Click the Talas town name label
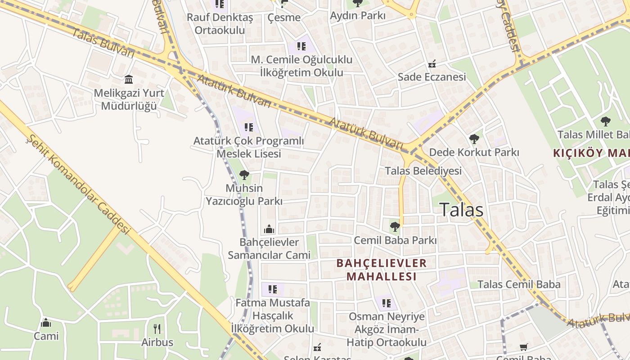click(461, 210)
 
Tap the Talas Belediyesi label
click(423, 171)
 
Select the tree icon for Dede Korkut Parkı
click(474, 139)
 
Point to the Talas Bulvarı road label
click(103, 43)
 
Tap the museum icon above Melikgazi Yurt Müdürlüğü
click(129, 80)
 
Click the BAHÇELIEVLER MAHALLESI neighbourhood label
click(382, 270)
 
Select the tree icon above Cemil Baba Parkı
click(395, 226)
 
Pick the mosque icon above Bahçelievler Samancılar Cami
click(269, 229)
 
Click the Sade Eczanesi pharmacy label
click(432, 77)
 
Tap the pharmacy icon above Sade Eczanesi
click(432, 64)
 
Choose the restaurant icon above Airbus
click(157, 329)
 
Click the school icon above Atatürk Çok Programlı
click(248, 127)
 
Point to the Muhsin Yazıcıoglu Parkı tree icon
click(244, 175)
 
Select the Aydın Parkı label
click(358, 16)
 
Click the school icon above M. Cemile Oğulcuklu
click(301, 46)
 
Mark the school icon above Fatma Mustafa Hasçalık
click(273, 289)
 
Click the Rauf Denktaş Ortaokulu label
click(220, 24)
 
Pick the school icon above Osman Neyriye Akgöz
click(387, 303)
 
